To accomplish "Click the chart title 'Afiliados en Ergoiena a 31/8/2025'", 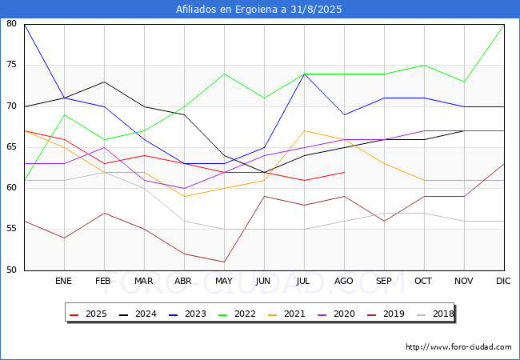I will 259,10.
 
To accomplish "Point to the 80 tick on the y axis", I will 12,24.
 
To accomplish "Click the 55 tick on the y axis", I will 12,229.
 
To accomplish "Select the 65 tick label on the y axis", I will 12,147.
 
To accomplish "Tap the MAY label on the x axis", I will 224,282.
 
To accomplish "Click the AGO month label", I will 344,282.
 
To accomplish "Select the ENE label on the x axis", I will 64,282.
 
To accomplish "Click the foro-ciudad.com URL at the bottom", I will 458,347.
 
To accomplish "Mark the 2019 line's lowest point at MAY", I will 224,262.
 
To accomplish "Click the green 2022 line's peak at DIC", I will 504,24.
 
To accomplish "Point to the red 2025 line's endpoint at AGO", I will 344,172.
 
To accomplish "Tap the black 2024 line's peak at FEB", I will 104,82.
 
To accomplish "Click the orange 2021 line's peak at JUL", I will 304,130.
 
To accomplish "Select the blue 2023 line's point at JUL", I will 304,74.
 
